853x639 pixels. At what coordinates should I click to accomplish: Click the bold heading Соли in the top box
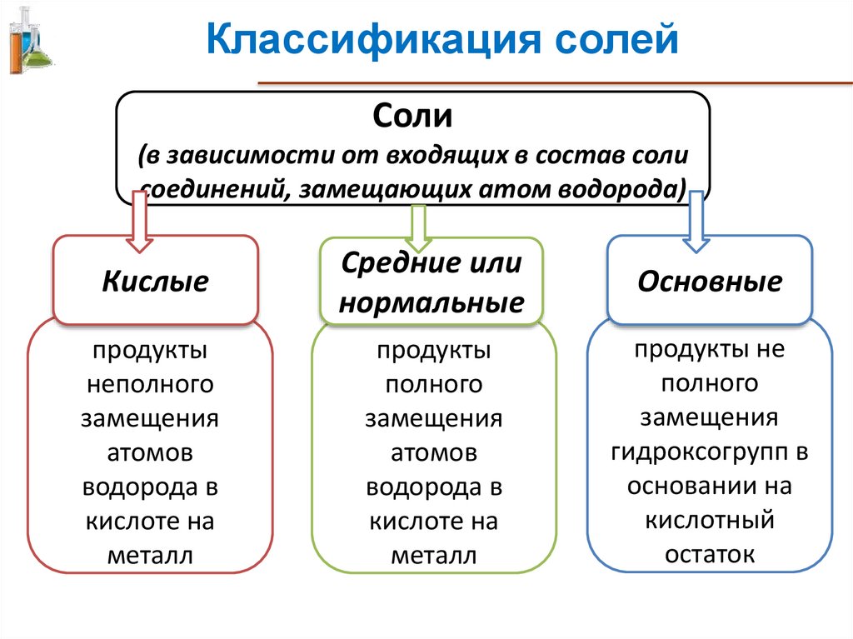(x=412, y=115)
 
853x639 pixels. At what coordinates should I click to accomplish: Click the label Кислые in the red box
(x=155, y=281)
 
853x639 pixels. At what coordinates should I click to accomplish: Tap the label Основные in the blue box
(x=710, y=281)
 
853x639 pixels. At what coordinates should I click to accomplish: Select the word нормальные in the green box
(x=431, y=302)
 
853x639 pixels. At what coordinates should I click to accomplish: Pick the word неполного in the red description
(x=150, y=384)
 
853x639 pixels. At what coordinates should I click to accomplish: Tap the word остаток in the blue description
(x=711, y=553)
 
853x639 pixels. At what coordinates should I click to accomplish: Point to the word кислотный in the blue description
(x=711, y=520)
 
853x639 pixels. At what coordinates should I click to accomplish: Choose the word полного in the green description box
(x=433, y=384)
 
